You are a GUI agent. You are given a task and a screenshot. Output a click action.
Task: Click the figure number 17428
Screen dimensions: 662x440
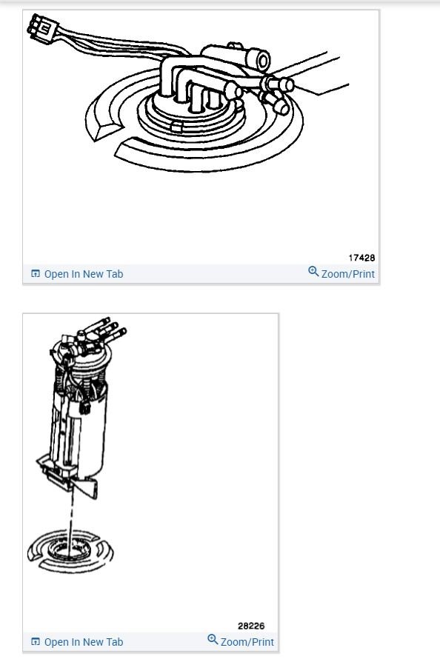361,258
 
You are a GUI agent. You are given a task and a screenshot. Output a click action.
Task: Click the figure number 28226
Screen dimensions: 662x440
251,626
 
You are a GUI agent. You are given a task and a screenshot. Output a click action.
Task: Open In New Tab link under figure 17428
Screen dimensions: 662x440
83,274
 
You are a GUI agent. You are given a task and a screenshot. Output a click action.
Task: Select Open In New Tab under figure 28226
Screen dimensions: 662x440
83,642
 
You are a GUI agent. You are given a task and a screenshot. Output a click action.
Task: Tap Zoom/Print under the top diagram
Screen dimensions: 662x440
347,274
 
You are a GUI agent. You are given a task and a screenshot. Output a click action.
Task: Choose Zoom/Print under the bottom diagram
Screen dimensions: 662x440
247,642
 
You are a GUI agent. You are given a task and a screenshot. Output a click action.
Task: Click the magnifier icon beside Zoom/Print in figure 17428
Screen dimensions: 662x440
313,273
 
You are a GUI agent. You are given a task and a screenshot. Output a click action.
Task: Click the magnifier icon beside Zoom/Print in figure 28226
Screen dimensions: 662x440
213,641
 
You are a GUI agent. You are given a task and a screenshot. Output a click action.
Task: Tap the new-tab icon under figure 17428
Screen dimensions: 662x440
36,274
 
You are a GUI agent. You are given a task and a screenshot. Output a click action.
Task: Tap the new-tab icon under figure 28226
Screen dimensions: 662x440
36,642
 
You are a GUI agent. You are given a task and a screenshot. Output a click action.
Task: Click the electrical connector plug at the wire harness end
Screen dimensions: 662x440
41,28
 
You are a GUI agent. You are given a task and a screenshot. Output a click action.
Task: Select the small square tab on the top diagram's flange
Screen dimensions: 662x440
176,127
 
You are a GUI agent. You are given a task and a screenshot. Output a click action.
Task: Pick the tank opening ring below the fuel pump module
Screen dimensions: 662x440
70,552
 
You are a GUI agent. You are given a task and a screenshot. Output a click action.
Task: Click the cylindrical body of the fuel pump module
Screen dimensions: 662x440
89,429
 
